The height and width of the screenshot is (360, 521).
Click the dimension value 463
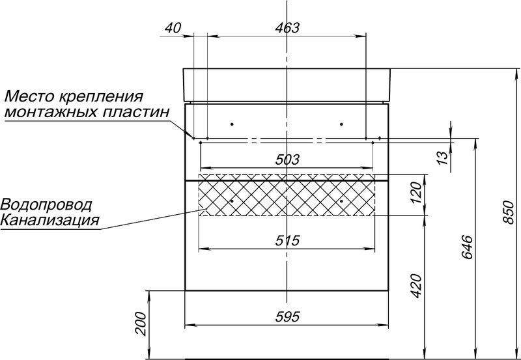(x=287, y=28)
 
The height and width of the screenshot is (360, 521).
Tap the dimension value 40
(x=173, y=28)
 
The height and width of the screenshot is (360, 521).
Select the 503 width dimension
(x=287, y=160)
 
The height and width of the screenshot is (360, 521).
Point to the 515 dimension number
(x=287, y=240)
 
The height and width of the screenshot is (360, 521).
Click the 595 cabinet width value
(x=287, y=317)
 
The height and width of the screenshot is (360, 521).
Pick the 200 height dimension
(x=141, y=324)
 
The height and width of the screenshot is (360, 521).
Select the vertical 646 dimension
(x=467, y=247)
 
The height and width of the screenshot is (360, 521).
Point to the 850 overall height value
(x=509, y=212)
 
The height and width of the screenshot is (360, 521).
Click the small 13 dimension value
(x=442, y=158)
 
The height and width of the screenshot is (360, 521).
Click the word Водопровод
(x=46, y=205)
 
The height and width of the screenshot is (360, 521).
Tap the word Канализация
(x=50, y=220)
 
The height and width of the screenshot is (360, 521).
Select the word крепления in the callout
(x=101, y=97)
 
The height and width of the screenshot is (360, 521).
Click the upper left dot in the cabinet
(x=232, y=124)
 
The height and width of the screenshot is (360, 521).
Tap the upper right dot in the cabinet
(x=341, y=124)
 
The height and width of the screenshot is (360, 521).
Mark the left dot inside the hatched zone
(x=232, y=201)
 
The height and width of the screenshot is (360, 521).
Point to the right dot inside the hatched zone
(x=341, y=201)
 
